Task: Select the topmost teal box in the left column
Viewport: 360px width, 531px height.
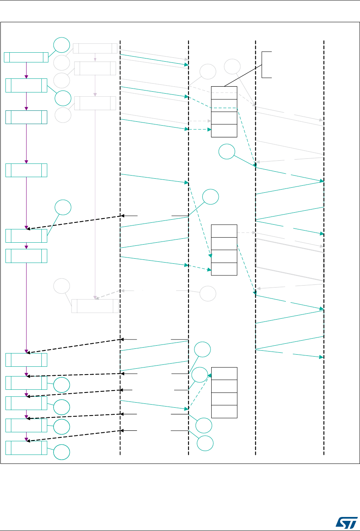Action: tap(26, 57)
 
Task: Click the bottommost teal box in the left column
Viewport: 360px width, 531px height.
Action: tap(26, 448)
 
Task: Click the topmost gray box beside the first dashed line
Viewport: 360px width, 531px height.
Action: tap(95, 48)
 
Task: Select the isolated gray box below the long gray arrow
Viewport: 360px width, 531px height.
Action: tap(95, 306)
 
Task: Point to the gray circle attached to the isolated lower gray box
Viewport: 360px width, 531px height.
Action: tap(62, 287)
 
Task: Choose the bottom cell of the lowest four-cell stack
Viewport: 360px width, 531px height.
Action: tap(224, 411)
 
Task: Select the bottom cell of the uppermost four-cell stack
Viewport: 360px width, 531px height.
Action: tap(224, 131)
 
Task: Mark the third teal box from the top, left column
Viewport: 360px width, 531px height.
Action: tap(26, 117)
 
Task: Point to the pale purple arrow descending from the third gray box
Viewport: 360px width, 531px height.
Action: tap(95, 203)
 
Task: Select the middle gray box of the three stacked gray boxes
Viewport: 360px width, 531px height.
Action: tap(95, 68)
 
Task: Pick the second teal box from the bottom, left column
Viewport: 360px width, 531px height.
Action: tap(26, 426)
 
